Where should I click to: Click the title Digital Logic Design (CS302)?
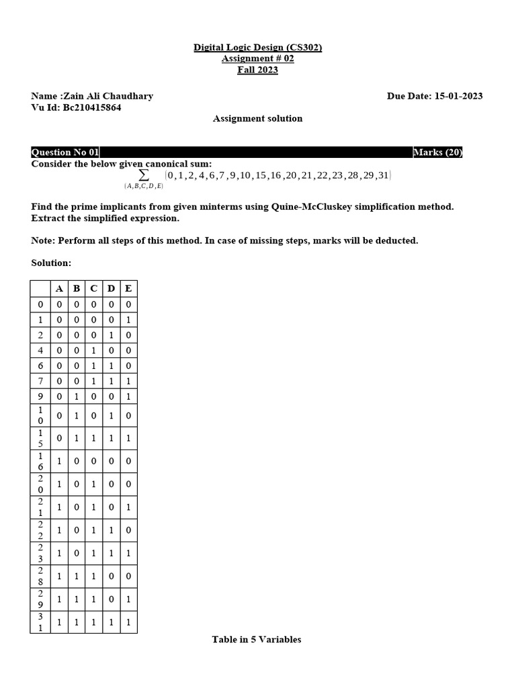coord(258,48)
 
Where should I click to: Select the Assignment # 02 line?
coord(258,59)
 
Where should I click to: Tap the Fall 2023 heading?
coord(257,70)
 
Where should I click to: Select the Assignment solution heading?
coord(258,119)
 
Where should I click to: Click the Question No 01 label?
coord(65,153)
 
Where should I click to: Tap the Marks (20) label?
coord(437,153)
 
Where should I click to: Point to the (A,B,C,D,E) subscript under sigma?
coord(143,186)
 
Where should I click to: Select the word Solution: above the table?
coord(51,263)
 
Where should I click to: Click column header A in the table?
coord(59,289)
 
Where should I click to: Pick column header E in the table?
coord(128,289)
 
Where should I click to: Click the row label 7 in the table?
coord(40,382)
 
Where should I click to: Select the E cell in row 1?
coord(128,320)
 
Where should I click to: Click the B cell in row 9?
coord(77,396)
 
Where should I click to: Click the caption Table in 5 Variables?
coord(257,640)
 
